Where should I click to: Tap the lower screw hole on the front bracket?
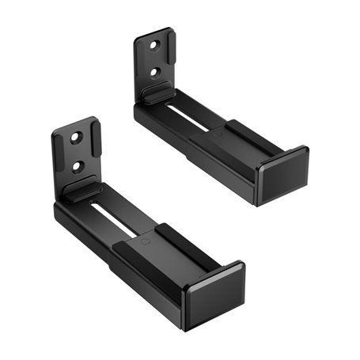pos(78,167)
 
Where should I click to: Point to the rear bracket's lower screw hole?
pos(157,72)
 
